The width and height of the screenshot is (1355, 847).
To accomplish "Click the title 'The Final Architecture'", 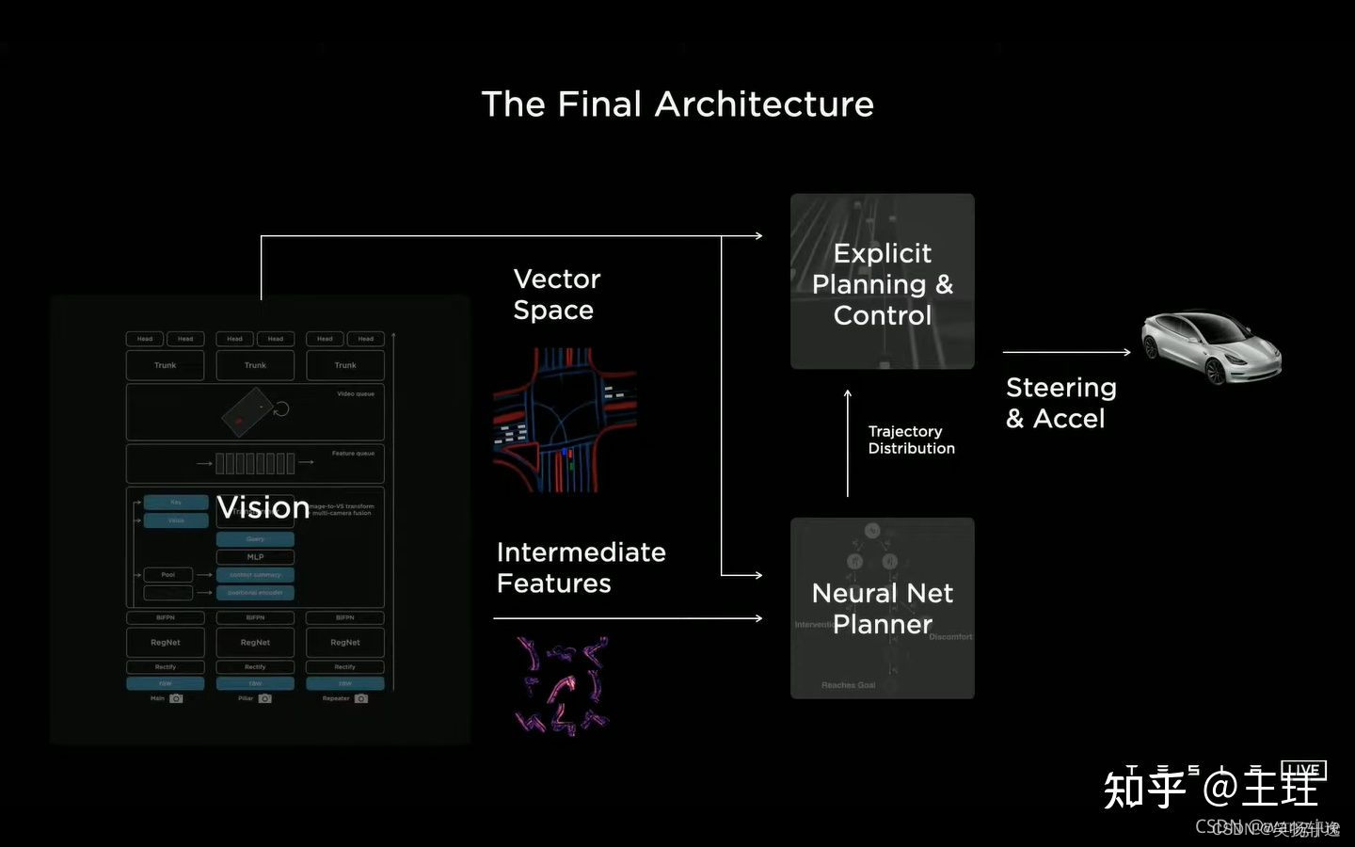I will [x=677, y=104].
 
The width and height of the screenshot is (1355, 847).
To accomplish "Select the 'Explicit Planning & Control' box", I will [x=882, y=281].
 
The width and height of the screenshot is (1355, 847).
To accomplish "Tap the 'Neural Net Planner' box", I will [x=882, y=608].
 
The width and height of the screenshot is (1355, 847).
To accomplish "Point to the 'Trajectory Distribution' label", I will [x=910, y=439].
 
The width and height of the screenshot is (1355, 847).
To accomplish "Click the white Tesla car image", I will [x=1211, y=346].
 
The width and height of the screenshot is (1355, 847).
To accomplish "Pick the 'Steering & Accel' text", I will [x=1060, y=403].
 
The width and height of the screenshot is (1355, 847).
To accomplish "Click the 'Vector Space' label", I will [x=556, y=295].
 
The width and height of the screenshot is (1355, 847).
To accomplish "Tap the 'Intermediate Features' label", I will [x=581, y=567].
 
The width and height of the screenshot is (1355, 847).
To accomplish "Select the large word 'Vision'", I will [x=263, y=507].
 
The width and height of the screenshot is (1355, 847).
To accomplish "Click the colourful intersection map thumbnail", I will [x=565, y=420].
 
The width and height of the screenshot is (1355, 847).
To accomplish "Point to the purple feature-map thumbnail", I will [x=563, y=685].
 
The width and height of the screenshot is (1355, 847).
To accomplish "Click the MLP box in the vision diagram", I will [x=255, y=556].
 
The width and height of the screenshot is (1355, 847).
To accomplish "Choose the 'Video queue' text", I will [x=356, y=394].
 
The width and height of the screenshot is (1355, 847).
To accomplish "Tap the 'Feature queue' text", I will [x=353, y=454].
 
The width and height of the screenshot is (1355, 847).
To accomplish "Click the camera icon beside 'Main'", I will [x=176, y=698].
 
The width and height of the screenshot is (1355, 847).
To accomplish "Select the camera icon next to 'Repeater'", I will [x=360, y=698].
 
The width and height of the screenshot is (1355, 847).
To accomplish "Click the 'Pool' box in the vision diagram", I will [x=167, y=574].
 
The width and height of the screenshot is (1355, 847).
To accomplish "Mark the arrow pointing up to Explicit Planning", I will [x=848, y=442].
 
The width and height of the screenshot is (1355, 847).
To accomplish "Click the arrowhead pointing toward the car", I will [x=1126, y=352].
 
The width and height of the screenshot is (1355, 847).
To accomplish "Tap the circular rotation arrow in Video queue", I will [x=280, y=408].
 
